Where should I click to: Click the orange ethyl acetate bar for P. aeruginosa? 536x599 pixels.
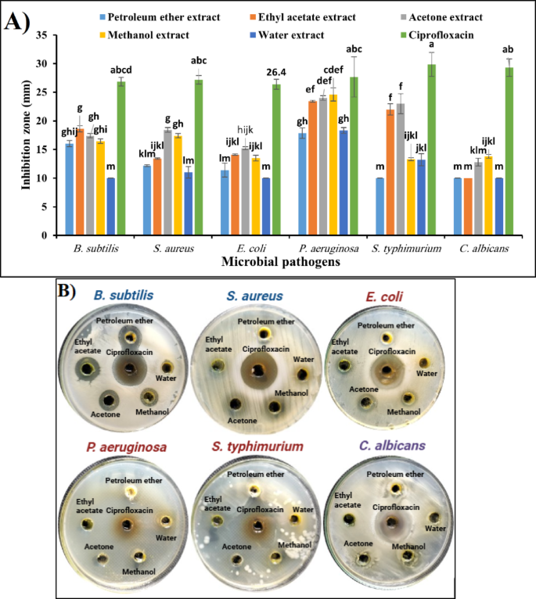tap(312, 168)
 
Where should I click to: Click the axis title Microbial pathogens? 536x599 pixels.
tap(268, 263)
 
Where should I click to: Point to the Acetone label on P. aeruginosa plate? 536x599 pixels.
tap(100, 546)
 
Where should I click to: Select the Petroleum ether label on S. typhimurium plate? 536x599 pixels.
tap(254, 473)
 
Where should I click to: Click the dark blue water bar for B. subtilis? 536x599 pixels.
tap(111, 206)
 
